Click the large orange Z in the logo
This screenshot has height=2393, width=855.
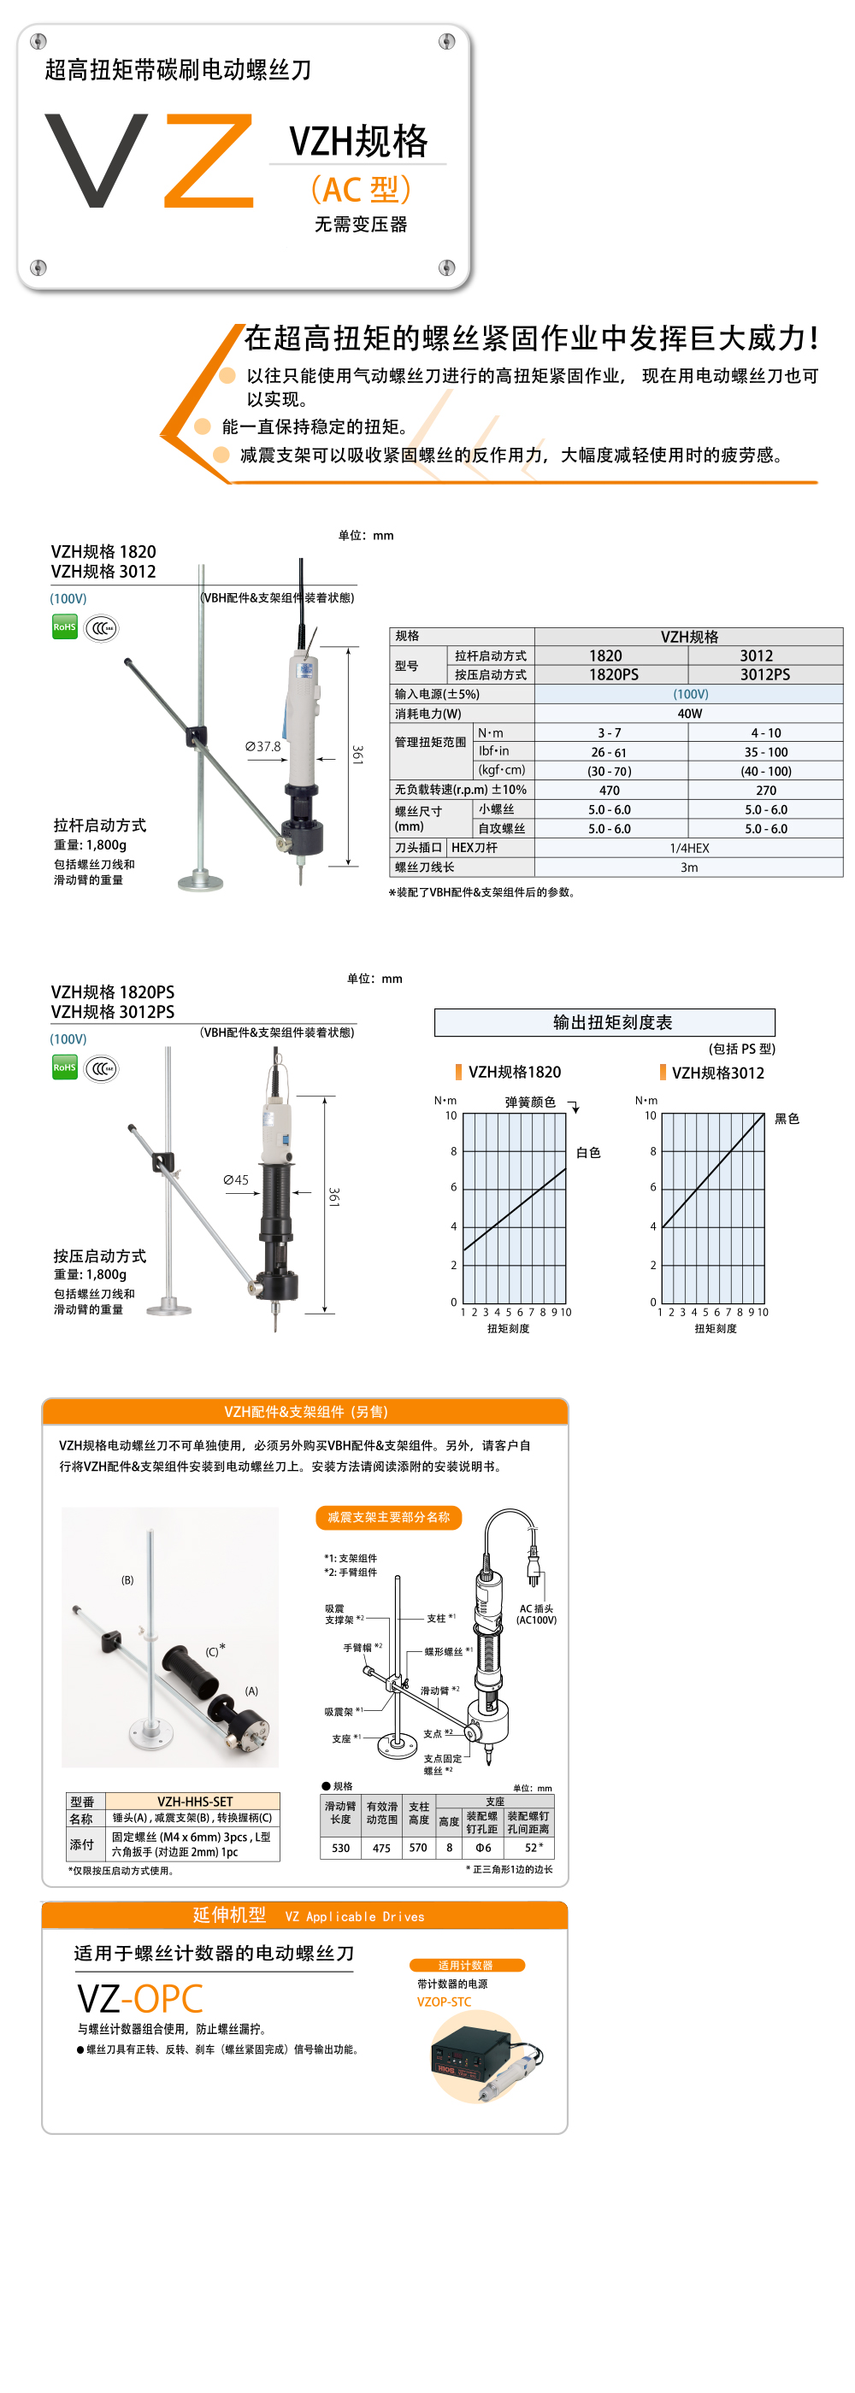click(x=210, y=160)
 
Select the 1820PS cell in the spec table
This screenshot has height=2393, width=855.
click(x=613, y=674)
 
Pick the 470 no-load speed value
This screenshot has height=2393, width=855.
click(x=610, y=791)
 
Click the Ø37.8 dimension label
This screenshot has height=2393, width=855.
click(x=263, y=747)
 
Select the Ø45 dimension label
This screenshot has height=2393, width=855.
click(x=236, y=1179)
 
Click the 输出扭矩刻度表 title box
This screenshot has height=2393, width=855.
click(x=605, y=1023)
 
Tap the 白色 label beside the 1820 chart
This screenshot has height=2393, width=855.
click(x=588, y=1153)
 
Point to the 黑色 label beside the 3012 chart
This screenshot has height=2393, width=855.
click(x=787, y=1120)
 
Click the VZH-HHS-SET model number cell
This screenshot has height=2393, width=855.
click(x=194, y=1802)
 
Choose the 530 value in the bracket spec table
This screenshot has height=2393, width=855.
click(x=341, y=1848)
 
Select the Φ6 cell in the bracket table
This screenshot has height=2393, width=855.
click(x=483, y=1848)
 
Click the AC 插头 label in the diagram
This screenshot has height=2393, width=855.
click(x=536, y=1614)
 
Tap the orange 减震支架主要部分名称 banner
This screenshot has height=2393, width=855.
click(x=388, y=1517)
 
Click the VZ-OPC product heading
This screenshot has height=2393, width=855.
click(x=140, y=1998)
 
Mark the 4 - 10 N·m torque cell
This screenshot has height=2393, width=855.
click(x=766, y=733)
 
